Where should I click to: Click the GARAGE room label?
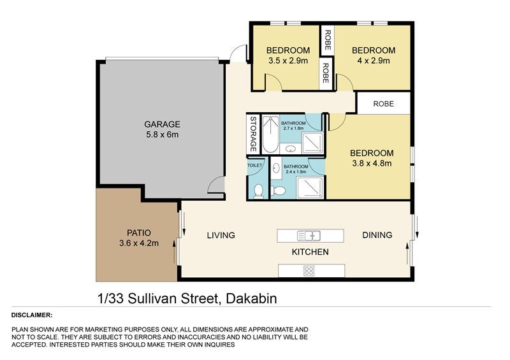click(162, 124)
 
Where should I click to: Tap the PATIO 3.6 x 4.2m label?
click(139, 238)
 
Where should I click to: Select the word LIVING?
click(221, 235)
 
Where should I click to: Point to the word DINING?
click(377, 235)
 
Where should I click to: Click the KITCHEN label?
click(310, 252)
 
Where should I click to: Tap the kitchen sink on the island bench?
click(309, 236)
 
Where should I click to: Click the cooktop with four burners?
click(309, 271)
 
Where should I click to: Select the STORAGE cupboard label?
click(253, 134)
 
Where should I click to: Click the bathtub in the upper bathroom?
click(270, 134)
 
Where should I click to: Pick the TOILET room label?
click(254, 165)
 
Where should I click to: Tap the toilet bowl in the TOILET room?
click(259, 191)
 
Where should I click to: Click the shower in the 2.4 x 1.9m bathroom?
click(310, 187)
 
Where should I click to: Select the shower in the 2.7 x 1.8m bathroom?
click(312, 143)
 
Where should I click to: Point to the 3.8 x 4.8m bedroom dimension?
click(372, 163)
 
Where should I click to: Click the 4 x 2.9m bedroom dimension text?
click(374, 61)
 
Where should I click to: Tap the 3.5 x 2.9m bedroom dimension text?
click(288, 61)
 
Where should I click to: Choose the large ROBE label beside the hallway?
click(384, 104)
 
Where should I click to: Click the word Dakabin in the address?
click(251, 299)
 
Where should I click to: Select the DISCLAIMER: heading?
click(32, 315)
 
